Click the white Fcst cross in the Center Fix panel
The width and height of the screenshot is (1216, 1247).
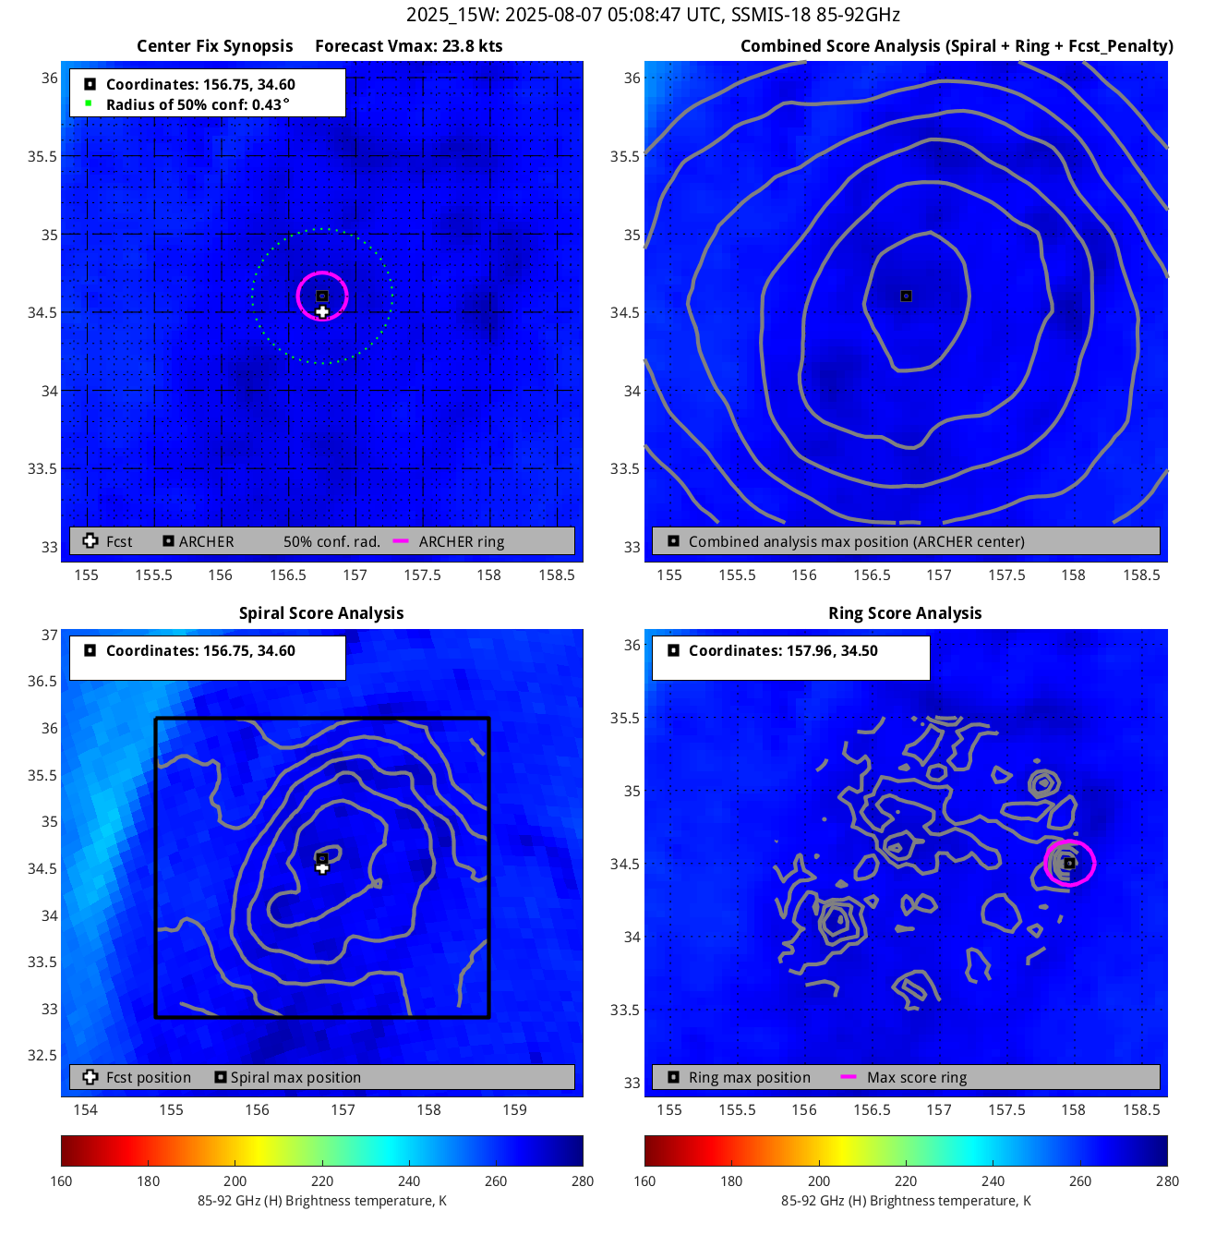tap(322, 312)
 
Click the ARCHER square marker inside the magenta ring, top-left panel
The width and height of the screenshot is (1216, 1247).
tap(322, 297)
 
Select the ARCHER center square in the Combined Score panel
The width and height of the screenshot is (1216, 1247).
tap(906, 297)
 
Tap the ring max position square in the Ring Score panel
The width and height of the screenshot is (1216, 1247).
tap(1069, 864)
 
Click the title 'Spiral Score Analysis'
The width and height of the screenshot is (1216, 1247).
tap(321, 613)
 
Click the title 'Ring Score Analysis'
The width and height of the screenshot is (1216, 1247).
tap(905, 613)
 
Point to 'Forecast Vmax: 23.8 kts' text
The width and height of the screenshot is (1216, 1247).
tap(408, 46)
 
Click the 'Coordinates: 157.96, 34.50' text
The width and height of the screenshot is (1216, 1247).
tap(783, 650)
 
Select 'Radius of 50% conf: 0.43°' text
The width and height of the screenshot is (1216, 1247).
tap(198, 104)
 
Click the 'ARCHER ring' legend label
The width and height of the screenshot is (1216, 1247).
tap(462, 542)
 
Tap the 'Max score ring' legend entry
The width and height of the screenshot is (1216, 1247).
tap(917, 1078)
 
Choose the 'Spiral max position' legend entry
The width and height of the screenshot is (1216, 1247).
tap(295, 1078)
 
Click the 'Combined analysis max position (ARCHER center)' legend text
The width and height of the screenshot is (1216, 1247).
tap(856, 542)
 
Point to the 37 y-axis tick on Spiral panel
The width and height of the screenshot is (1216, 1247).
tap(49, 635)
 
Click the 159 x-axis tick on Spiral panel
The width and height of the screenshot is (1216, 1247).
tap(514, 1109)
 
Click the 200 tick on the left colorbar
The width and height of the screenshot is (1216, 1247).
tap(235, 1180)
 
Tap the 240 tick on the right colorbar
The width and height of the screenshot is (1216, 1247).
tap(993, 1180)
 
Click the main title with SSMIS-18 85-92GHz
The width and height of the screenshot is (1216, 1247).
tap(653, 15)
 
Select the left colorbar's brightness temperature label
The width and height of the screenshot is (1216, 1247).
tap(321, 1201)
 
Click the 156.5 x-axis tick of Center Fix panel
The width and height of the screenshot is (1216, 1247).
tap(288, 575)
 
